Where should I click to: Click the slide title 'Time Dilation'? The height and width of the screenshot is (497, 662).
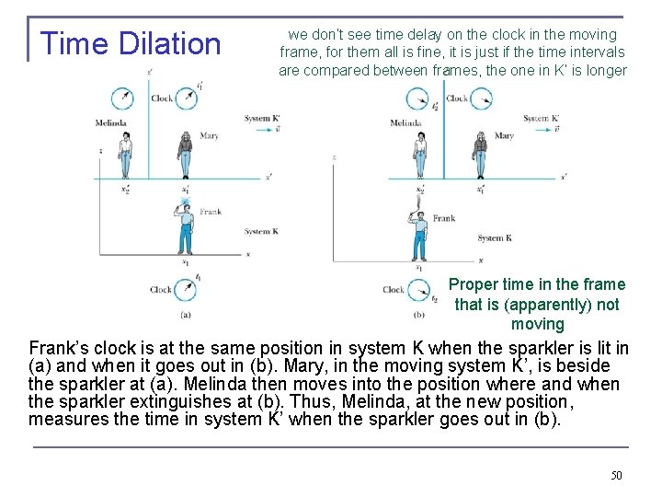pyautogui.click(x=131, y=43)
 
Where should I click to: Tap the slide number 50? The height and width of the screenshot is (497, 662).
pyautogui.click(x=616, y=475)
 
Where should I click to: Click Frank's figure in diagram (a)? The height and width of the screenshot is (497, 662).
pyautogui.click(x=186, y=225)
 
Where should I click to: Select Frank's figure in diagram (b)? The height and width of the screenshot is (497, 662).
pyautogui.click(x=420, y=234)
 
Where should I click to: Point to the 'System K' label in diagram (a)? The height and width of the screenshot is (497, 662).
pyautogui.click(x=260, y=231)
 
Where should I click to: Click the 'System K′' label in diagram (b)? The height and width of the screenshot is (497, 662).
pyautogui.click(x=541, y=119)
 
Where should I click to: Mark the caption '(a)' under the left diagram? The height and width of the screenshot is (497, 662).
pyautogui.click(x=186, y=314)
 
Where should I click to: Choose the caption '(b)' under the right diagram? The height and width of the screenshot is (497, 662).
pyautogui.click(x=419, y=315)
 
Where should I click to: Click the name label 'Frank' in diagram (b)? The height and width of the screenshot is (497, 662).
pyautogui.click(x=444, y=218)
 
